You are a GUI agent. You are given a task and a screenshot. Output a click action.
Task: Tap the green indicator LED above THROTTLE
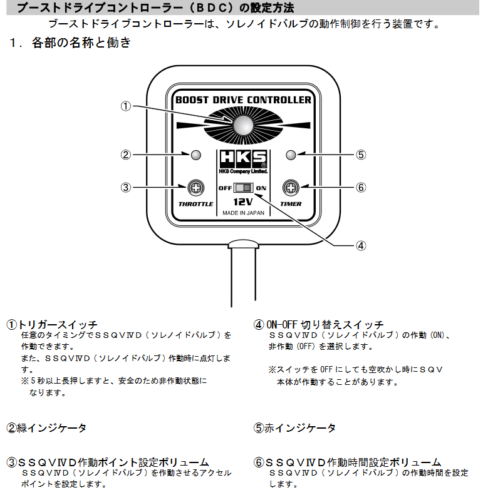(x=196, y=155)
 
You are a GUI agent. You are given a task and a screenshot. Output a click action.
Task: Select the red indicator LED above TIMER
(x=290, y=155)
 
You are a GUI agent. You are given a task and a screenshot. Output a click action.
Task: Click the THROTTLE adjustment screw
(x=196, y=187)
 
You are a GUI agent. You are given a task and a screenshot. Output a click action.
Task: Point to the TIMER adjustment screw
(x=290, y=187)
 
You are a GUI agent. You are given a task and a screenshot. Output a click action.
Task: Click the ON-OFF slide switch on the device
(x=243, y=188)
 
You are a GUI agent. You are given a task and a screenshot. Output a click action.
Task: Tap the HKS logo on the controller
(x=243, y=158)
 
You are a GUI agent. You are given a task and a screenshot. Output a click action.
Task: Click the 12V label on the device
(x=243, y=202)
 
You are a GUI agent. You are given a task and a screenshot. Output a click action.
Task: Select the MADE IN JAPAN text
(x=243, y=213)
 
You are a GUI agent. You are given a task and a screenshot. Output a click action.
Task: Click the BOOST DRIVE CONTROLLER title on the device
(x=243, y=100)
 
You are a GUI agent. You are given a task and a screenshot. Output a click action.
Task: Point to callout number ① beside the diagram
(x=126, y=106)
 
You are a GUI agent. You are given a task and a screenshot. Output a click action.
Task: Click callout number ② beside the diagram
(x=126, y=155)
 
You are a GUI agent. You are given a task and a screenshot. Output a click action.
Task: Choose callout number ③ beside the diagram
(x=126, y=187)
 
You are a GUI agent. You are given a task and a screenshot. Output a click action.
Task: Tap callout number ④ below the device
(x=360, y=245)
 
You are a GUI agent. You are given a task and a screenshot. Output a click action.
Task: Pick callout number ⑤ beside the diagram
(x=360, y=155)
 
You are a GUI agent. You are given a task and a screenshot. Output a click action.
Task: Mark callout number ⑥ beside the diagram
(x=360, y=187)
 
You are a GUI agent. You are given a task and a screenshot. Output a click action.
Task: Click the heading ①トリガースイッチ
(x=53, y=325)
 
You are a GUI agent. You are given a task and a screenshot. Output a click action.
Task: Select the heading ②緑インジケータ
(x=47, y=428)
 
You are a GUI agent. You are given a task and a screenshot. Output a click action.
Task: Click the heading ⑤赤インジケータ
(x=294, y=428)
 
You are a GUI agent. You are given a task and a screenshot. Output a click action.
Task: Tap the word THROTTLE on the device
(x=196, y=204)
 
